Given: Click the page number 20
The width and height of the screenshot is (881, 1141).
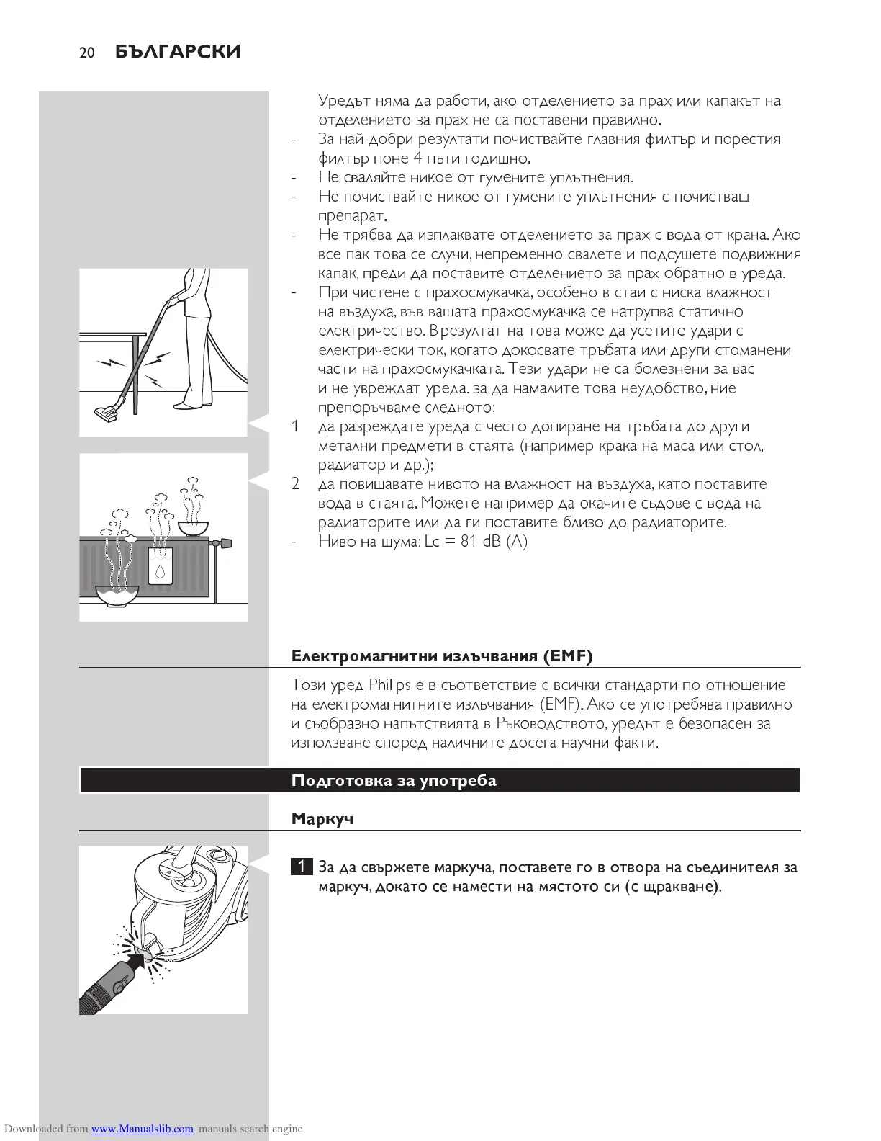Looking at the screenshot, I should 87,53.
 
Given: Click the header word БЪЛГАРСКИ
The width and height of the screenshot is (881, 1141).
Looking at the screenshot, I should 178,52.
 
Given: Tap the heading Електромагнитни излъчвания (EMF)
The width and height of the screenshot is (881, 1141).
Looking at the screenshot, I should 441,655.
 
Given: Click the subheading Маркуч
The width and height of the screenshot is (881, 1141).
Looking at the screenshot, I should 322,819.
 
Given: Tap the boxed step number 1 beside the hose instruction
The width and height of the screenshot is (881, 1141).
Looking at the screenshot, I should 302,867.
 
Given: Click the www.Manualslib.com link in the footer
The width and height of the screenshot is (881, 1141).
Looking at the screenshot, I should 142,1129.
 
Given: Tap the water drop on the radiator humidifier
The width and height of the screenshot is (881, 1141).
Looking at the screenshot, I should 159,572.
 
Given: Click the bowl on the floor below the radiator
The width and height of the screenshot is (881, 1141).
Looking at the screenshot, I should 117,595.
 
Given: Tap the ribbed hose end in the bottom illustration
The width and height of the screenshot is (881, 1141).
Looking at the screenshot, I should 92,998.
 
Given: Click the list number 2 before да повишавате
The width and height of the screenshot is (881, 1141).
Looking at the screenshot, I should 295,483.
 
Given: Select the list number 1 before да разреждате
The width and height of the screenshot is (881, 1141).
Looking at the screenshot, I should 295,426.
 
